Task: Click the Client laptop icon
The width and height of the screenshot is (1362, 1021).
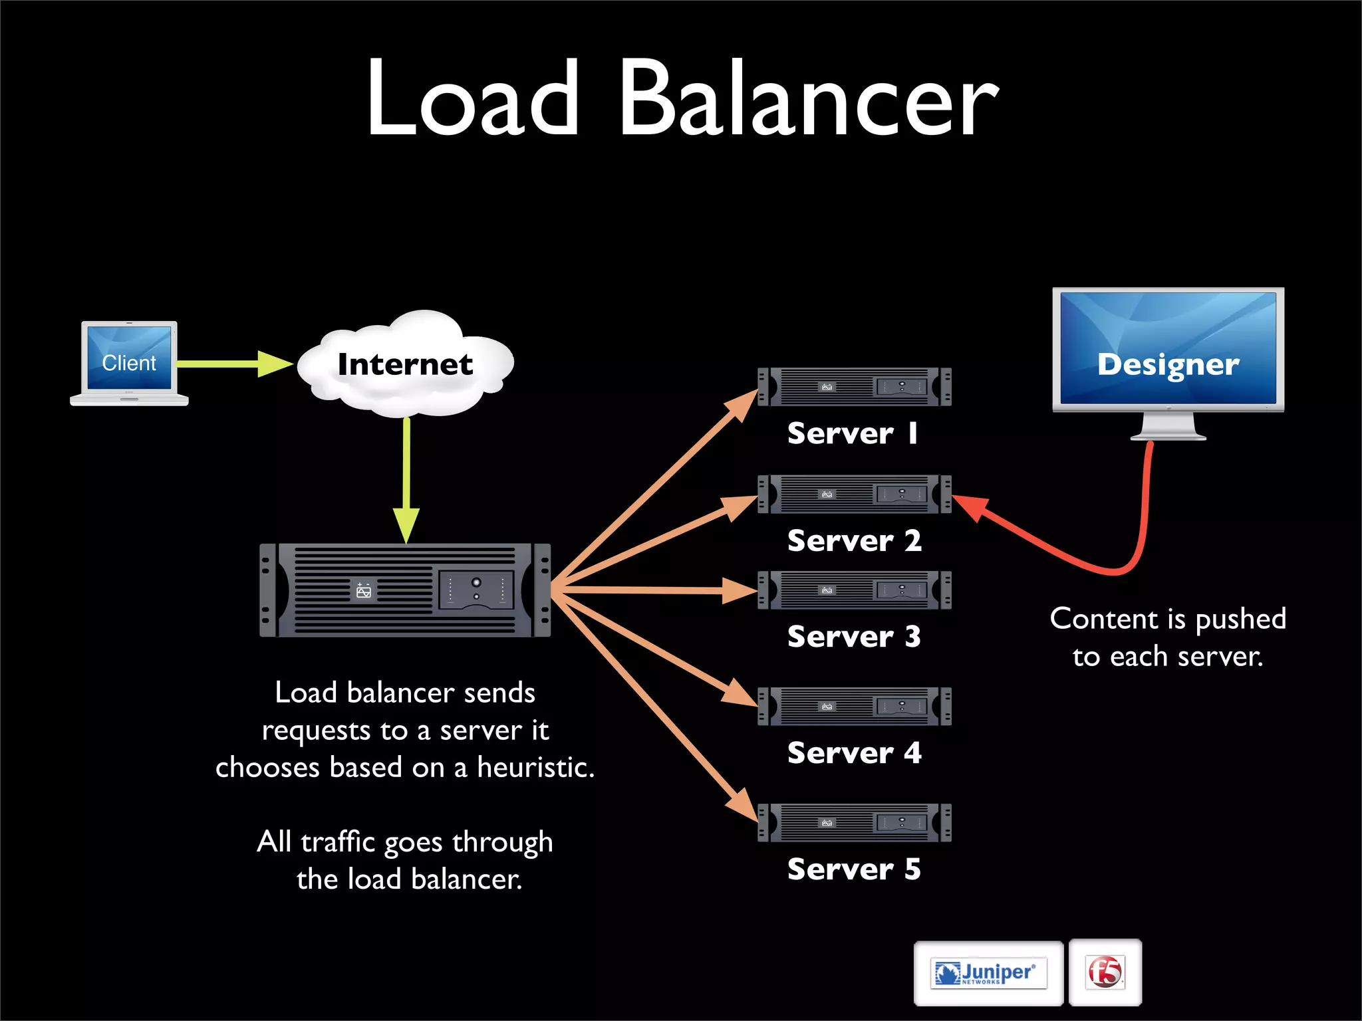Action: click(x=129, y=363)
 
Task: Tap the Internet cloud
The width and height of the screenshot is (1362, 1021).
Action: click(x=405, y=364)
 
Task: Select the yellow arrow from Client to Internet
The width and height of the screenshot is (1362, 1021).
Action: click(x=233, y=364)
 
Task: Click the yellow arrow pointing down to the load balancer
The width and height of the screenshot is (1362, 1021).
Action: click(x=406, y=479)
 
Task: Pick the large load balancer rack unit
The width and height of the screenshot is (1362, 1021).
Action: click(x=405, y=590)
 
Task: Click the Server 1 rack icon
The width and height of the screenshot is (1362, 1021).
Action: click(x=855, y=386)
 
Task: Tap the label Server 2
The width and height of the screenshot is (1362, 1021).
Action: click(x=855, y=541)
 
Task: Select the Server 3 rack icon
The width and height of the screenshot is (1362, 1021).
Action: click(x=855, y=590)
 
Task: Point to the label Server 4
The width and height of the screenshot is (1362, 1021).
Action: click(x=855, y=753)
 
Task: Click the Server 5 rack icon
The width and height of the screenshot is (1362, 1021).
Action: click(x=855, y=823)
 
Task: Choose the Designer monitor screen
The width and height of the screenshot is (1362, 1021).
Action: click(x=1168, y=348)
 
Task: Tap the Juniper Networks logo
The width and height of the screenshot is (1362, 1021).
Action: click(x=988, y=973)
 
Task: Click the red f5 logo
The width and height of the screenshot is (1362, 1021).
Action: click(x=1105, y=972)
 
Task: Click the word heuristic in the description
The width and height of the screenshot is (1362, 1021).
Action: click(x=535, y=768)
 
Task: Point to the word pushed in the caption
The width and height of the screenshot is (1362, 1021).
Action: click(x=1240, y=620)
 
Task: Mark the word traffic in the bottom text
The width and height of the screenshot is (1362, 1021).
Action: click(x=339, y=842)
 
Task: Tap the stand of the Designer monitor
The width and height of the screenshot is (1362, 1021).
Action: click(x=1168, y=427)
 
